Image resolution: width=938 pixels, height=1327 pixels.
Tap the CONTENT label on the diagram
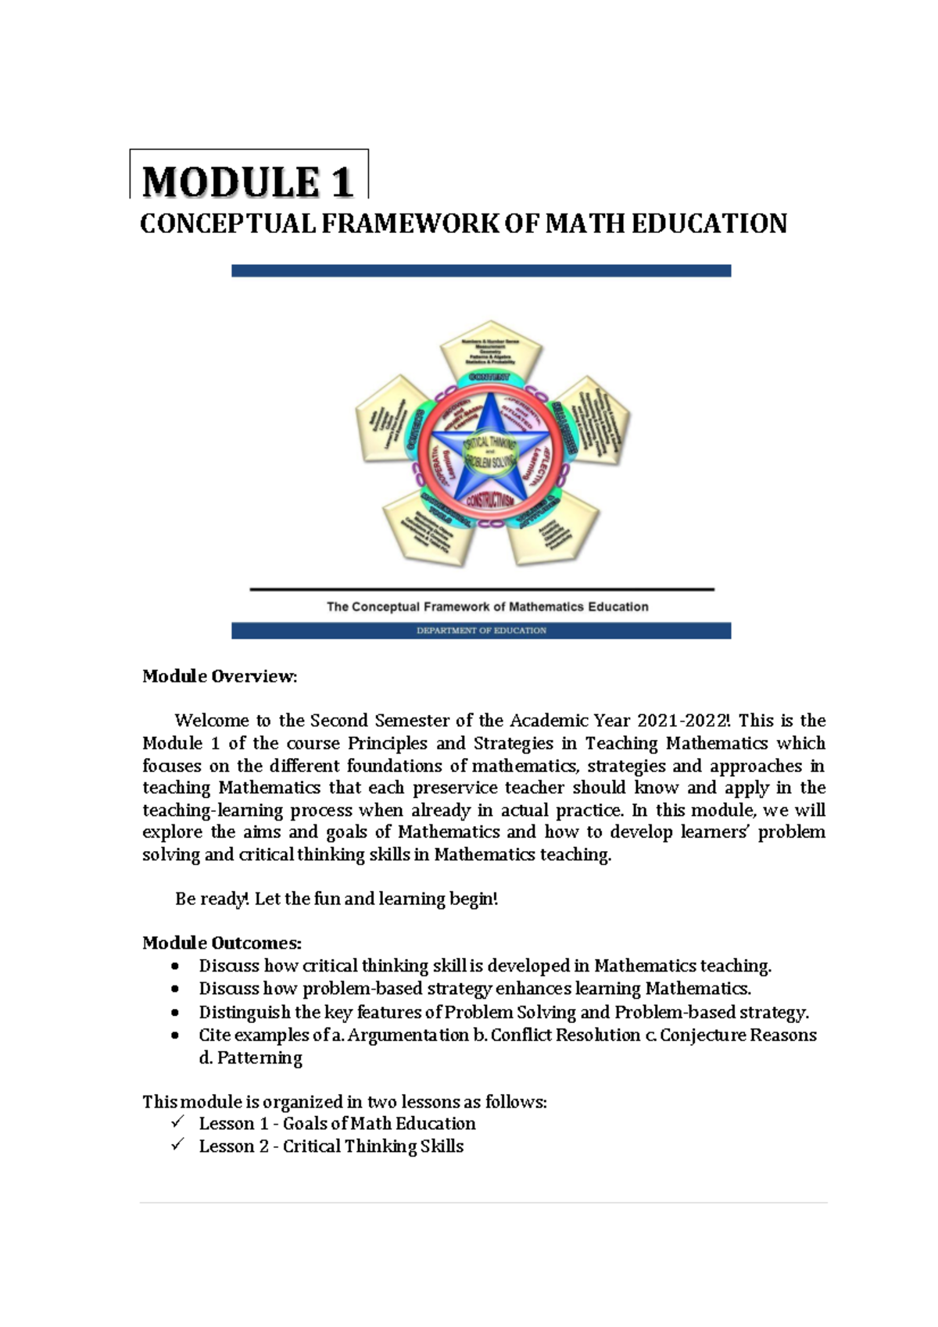pos(489,377)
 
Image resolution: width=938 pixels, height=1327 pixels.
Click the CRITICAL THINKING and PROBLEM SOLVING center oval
pos(490,452)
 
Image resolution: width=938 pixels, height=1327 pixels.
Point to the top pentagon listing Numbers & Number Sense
pos(490,350)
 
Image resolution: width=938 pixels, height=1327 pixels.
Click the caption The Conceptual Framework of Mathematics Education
pos(487,606)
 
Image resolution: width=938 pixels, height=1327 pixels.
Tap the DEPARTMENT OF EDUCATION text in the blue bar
pos(481,631)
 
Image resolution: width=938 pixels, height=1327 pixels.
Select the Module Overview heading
pos(220,676)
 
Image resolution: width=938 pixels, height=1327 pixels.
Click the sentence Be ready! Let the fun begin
pos(336,899)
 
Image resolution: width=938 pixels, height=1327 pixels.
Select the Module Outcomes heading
pos(221,942)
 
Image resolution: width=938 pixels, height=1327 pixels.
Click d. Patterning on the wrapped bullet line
pos(250,1057)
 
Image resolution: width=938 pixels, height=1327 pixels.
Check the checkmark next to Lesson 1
pos(177,1122)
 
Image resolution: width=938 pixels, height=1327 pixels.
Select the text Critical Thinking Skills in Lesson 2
pos(373,1146)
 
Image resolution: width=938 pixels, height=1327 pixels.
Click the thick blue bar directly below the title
pos(481,270)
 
